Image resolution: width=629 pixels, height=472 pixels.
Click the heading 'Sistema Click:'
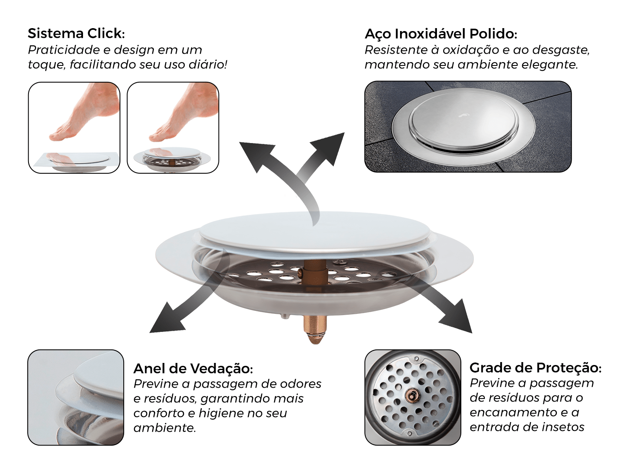tap(76, 33)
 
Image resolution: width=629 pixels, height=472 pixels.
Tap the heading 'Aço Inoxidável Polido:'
tap(441, 34)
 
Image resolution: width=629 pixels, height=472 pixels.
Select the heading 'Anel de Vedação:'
tap(193, 368)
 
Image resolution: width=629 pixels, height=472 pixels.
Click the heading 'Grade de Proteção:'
tap(535, 368)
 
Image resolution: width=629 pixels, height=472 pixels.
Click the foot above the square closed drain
tap(84, 113)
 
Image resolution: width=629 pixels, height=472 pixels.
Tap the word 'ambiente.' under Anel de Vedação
tap(164, 428)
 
